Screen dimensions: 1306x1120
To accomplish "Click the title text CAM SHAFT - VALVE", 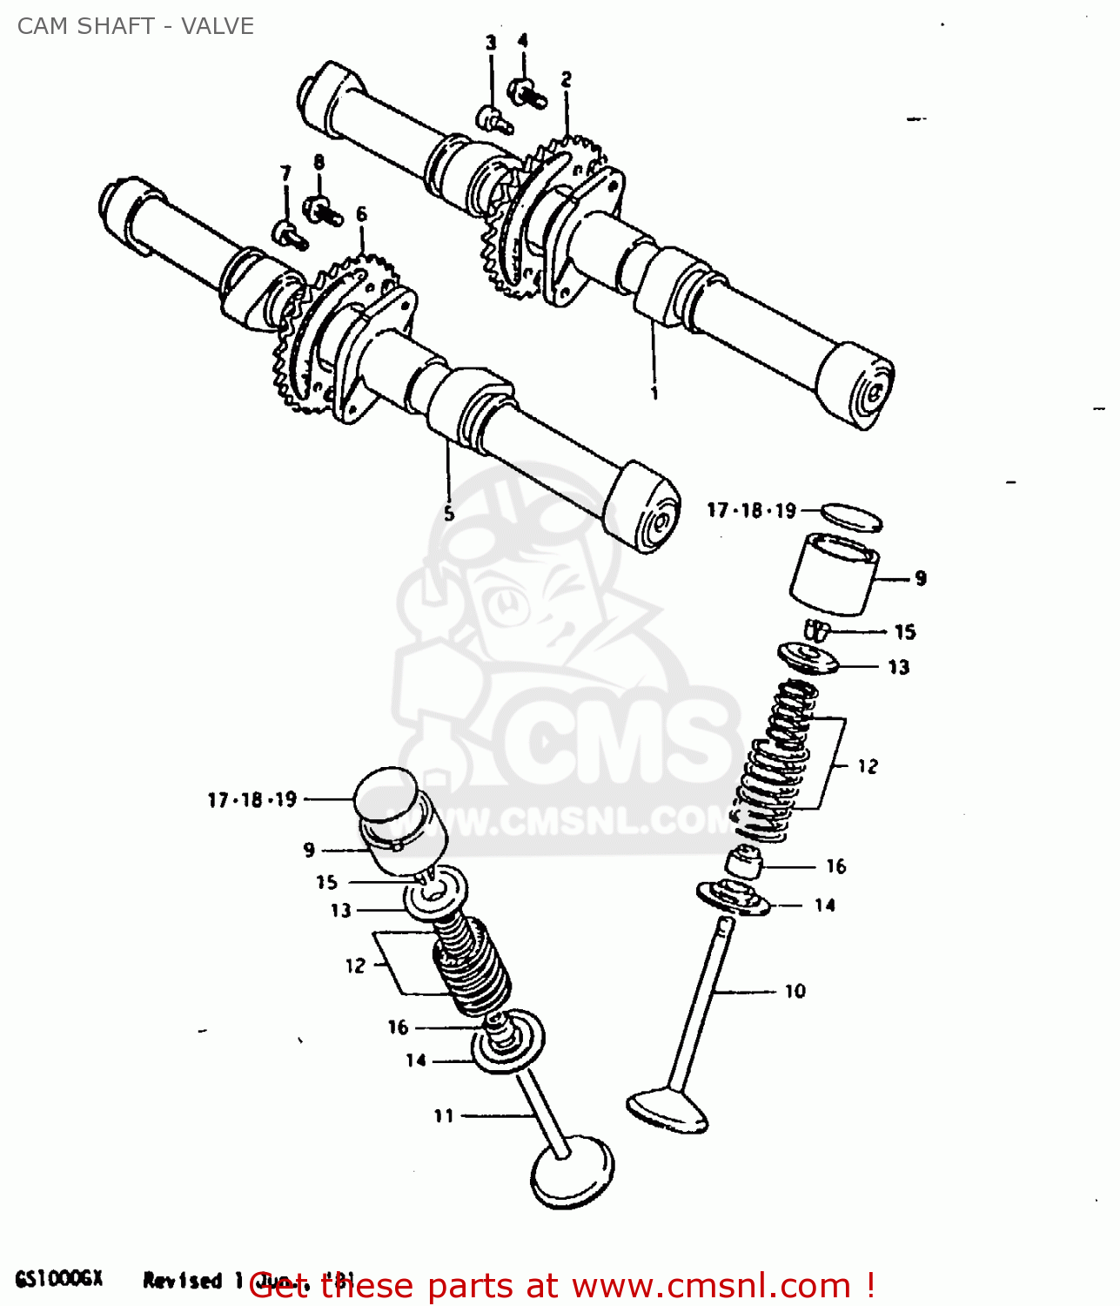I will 136,26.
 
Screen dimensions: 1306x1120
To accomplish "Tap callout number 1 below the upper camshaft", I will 654,394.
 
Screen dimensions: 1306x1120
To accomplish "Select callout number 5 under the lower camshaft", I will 449,514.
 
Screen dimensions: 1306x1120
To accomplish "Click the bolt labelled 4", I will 526,91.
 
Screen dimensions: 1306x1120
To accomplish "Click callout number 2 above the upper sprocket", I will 567,80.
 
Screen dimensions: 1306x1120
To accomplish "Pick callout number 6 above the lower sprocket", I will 361,214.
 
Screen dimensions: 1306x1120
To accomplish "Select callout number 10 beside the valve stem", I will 795,991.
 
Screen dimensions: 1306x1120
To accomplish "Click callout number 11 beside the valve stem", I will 444,1115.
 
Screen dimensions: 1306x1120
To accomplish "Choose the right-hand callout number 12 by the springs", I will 868,766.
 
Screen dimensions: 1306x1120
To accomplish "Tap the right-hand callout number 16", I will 835,866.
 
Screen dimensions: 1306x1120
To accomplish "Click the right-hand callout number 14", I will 825,905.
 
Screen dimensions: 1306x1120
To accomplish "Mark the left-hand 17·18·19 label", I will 252,799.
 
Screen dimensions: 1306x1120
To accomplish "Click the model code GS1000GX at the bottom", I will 59,1278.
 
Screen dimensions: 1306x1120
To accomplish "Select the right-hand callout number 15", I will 905,632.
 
